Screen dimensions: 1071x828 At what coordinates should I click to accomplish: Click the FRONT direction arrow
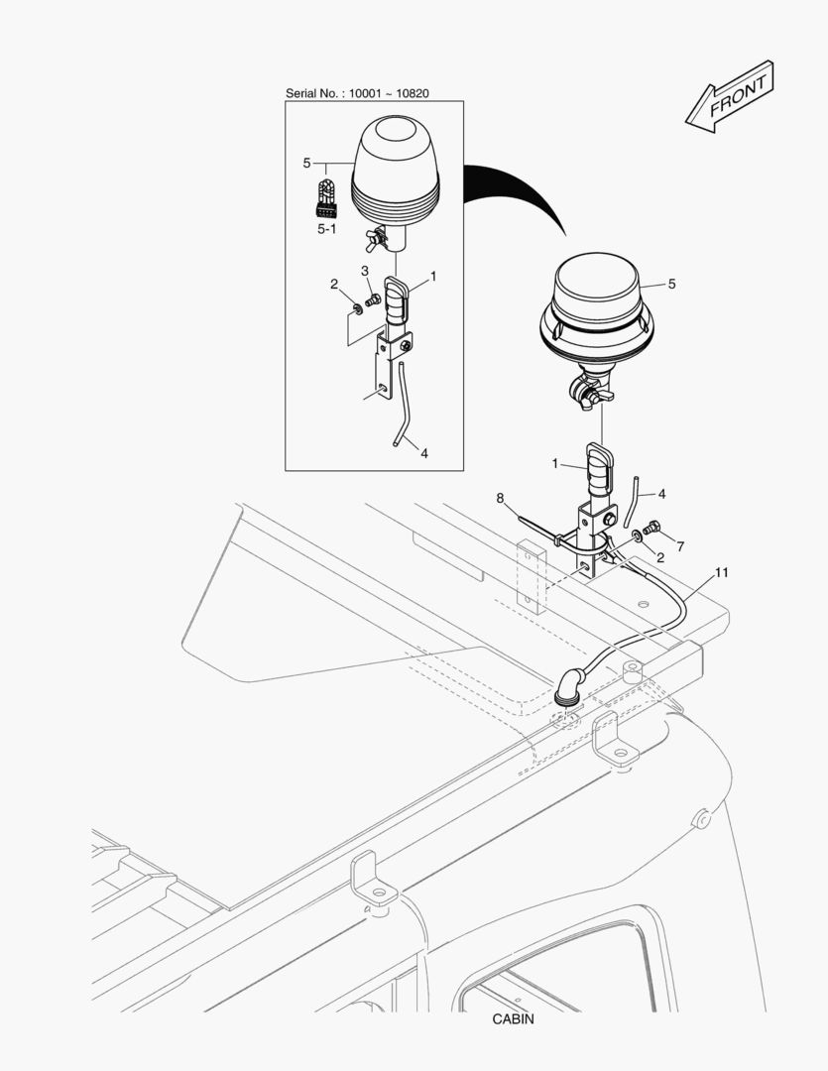click(730, 95)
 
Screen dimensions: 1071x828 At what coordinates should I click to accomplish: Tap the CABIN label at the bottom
click(512, 1018)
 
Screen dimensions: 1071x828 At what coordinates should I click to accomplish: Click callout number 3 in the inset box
click(365, 271)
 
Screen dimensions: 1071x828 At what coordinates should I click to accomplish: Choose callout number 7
click(680, 546)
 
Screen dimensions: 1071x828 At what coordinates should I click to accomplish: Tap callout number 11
click(721, 573)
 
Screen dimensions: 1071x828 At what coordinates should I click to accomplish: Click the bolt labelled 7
click(651, 528)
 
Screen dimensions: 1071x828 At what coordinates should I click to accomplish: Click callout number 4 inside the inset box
click(423, 453)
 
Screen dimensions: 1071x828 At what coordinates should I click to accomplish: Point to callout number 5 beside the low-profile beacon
click(671, 284)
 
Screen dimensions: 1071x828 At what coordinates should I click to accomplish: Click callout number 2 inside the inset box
click(335, 285)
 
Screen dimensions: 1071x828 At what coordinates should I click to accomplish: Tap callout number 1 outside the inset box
click(557, 462)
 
